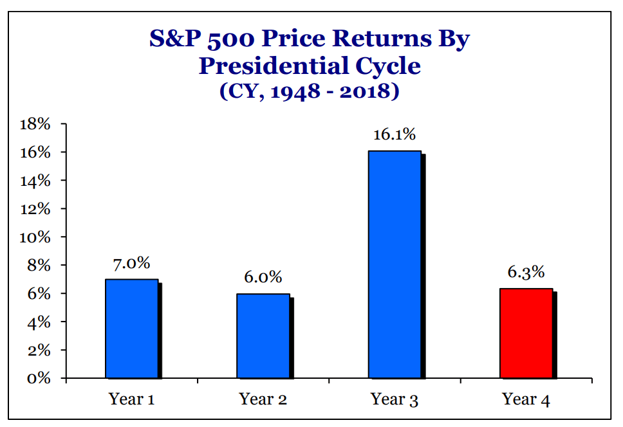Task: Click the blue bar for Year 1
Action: pyautogui.click(x=132, y=329)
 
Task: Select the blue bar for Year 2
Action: pyautogui.click(x=263, y=336)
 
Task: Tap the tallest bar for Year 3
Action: pyautogui.click(x=395, y=264)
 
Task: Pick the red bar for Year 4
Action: pyautogui.click(x=526, y=333)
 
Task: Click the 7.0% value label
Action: pyautogui.click(x=132, y=263)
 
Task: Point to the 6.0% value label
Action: pyautogui.click(x=263, y=277)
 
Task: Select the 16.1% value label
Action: pyautogui.click(x=395, y=135)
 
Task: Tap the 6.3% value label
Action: pyautogui.click(x=526, y=273)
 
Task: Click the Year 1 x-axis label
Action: pyautogui.click(x=132, y=399)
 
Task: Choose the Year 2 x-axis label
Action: pyautogui.click(x=263, y=399)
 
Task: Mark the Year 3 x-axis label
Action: pyautogui.click(x=395, y=399)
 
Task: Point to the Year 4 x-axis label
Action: pyautogui.click(x=526, y=399)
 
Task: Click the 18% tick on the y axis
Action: pyautogui.click(x=36, y=124)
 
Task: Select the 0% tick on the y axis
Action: pyautogui.click(x=40, y=378)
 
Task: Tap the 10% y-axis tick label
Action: pyautogui.click(x=36, y=237)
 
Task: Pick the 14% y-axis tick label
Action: pyautogui.click(x=36, y=181)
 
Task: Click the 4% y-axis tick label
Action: pyautogui.click(x=40, y=322)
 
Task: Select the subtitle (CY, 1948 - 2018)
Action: pyautogui.click(x=310, y=91)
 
